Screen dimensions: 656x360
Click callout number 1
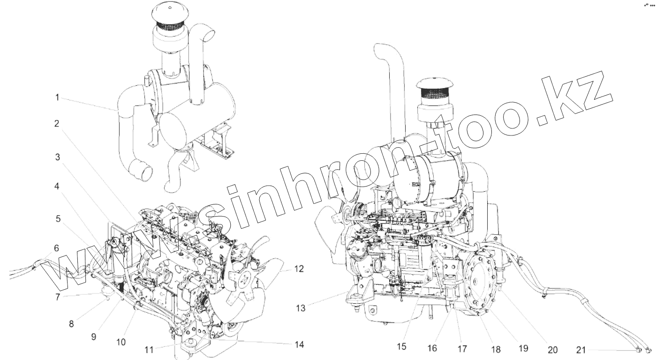[57, 97]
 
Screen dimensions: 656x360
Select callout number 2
[56, 124]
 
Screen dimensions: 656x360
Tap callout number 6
[56, 248]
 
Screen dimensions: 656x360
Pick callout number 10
[121, 342]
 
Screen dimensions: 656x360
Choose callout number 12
[299, 269]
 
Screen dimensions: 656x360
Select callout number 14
[299, 345]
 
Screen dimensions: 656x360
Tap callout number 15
[402, 347]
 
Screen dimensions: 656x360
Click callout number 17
[463, 349]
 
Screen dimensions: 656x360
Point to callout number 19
[523, 348]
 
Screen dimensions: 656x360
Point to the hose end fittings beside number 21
[643, 349]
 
